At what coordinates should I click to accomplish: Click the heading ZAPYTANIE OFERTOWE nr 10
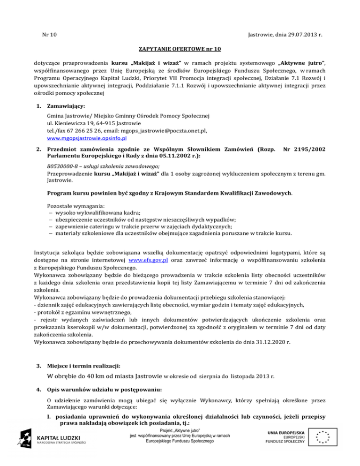[180, 49]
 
